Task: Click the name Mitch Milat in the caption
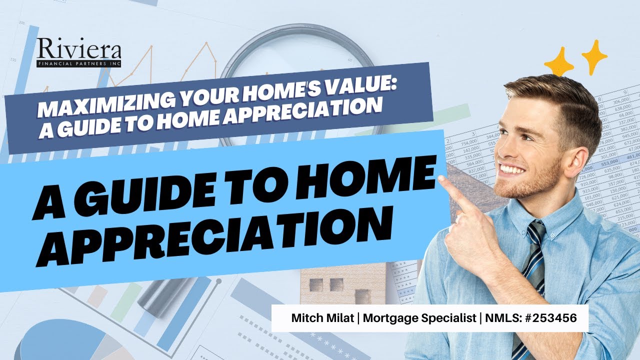316,317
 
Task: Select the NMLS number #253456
549,317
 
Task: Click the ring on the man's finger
457,219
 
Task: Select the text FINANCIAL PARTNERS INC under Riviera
78,64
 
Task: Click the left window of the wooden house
316,285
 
